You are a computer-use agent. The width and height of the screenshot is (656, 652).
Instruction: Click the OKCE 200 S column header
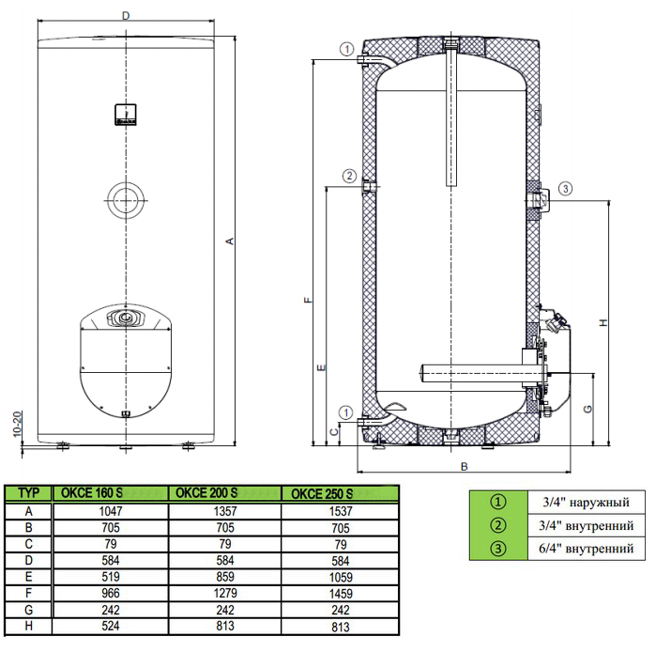[x=206, y=493]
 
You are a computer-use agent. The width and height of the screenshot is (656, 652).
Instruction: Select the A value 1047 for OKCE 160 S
[x=111, y=511]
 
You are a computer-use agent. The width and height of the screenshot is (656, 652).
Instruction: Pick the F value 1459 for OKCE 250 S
[x=341, y=594]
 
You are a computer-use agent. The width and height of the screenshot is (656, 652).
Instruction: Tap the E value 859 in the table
[x=225, y=577]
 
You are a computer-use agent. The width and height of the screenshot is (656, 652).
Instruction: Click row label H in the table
[x=28, y=626]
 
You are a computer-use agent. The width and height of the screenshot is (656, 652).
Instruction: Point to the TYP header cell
[x=28, y=493]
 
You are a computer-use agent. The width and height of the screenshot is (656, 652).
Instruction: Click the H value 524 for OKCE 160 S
[x=111, y=626]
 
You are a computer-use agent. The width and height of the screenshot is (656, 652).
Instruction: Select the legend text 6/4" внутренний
[x=587, y=548]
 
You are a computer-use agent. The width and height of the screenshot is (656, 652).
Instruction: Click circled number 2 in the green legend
[x=497, y=525]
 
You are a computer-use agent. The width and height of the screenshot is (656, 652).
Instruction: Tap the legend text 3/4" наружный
[x=587, y=502]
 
